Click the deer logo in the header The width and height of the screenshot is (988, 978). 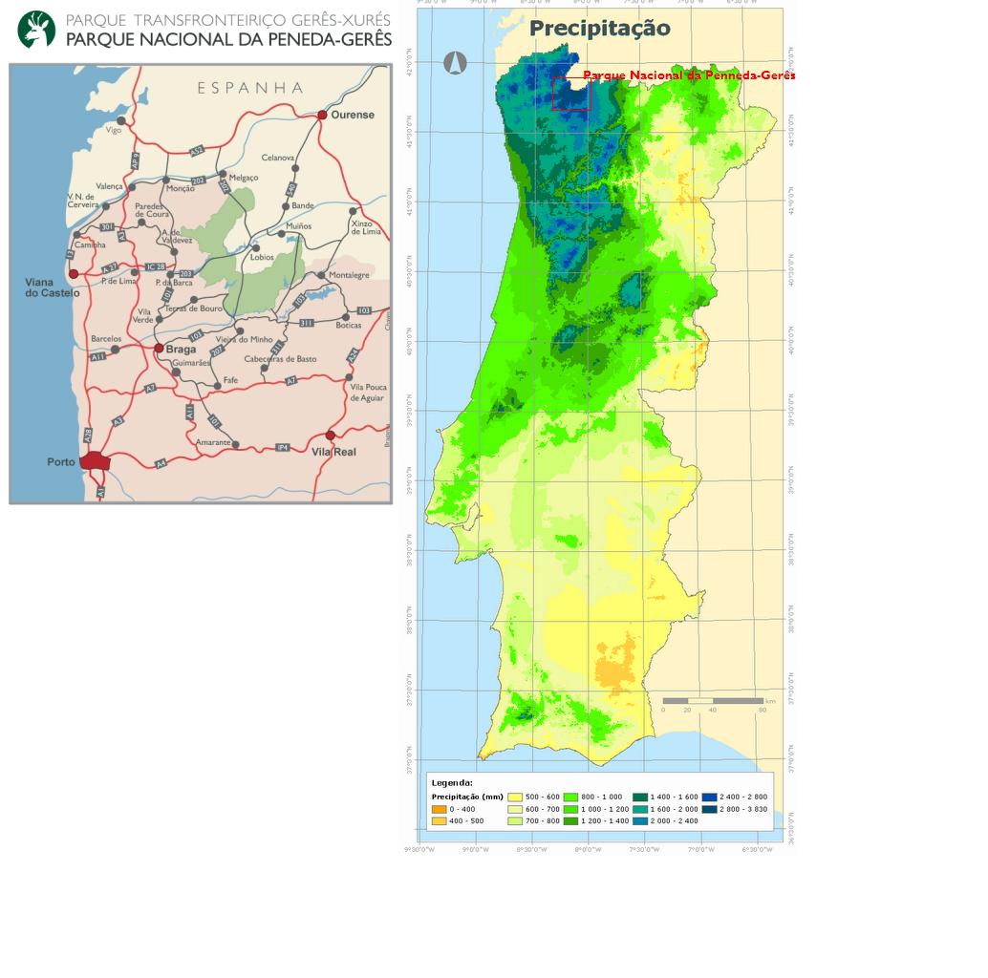coord(36,30)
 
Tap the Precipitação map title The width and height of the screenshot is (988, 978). coord(599,29)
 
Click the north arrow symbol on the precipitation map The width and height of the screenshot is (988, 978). coord(455,63)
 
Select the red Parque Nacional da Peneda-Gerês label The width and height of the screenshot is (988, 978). coord(688,75)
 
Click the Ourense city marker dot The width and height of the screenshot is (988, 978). coord(322,115)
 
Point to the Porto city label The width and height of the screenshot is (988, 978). coord(61,462)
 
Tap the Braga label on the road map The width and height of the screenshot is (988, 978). coord(181,350)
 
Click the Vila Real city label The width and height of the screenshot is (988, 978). coord(333,452)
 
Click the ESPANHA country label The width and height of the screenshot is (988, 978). coord(250,88)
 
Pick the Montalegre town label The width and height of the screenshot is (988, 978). coord(349,275)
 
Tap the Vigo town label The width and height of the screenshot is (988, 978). coord(114,130)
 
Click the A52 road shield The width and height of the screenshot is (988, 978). coord(197,151)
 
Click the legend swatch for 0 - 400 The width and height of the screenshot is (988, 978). coord(439,809)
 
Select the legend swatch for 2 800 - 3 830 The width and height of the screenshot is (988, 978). coord(709,809)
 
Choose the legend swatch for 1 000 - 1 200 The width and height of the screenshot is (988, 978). coord(571,809)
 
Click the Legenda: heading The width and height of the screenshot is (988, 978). coord(452,783)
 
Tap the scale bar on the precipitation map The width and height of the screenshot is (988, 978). coord(712,701)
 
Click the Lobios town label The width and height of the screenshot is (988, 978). coord(262,257)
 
